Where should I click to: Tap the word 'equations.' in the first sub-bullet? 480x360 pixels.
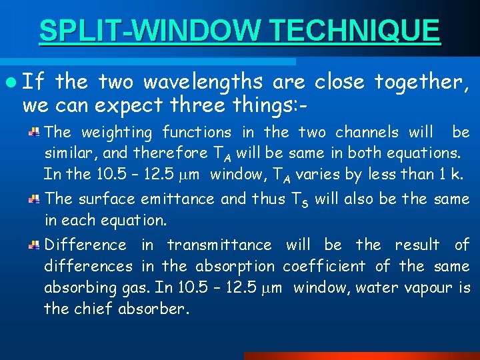(x=427, y=153)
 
